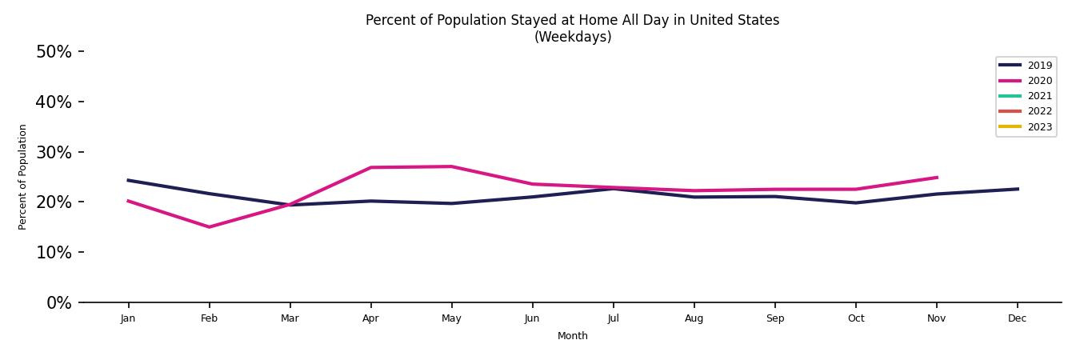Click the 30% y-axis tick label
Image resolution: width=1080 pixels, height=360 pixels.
coord(54,152)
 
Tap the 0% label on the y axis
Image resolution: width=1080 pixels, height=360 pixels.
coord(58,302)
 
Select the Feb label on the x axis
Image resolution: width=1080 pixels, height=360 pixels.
coord(209,318)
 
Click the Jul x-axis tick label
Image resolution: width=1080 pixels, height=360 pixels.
coord(613,318)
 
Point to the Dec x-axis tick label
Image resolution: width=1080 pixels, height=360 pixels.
coord(1017,318)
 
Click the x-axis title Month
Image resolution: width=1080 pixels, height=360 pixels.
coord(572,336)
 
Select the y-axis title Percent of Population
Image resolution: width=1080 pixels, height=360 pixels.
coord(23,177)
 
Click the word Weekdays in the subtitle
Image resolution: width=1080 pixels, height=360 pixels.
coord(573,38)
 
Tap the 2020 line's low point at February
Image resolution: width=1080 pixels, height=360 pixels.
coord(209,227)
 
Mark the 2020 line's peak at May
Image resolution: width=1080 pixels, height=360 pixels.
coord(451,166)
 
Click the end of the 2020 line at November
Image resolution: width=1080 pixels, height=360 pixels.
coord(936,178)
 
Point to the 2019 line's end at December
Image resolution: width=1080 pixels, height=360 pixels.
coord(1018,189)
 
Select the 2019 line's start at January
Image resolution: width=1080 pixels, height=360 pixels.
coord(128,180)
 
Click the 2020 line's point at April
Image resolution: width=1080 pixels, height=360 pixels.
coord(370,167)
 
